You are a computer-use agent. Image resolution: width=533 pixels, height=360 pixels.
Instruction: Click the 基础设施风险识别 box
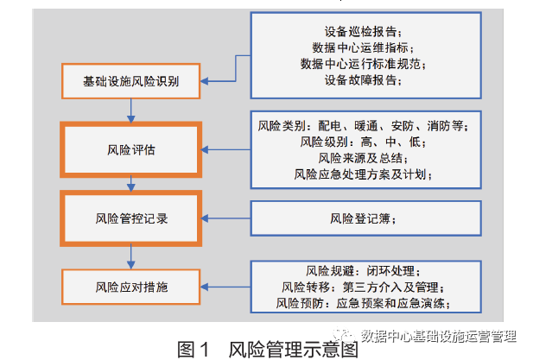(130, 82)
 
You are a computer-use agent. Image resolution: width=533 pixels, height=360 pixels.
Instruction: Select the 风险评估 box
(131, 149)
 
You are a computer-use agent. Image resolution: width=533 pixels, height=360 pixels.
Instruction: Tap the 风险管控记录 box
(131, 218)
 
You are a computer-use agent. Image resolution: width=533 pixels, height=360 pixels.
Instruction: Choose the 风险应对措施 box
(131, 282)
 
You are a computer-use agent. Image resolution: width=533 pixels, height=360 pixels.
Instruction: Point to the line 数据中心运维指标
(363, 47)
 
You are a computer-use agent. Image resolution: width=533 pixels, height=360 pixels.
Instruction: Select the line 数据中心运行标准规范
(363, 63)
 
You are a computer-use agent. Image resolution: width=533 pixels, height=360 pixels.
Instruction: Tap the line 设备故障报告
(363, 80)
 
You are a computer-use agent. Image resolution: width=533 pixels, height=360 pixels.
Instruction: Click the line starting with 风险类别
(363, 125)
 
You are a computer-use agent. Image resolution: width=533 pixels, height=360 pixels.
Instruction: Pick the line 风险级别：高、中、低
(363, 142)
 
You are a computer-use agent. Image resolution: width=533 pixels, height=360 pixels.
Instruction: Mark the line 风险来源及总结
(363, 158)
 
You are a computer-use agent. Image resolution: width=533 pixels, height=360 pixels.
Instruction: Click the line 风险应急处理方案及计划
(363, 174)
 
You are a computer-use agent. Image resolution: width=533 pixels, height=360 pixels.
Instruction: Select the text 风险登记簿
(363, 219)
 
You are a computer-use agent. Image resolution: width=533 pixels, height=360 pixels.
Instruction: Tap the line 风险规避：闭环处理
(363, 269)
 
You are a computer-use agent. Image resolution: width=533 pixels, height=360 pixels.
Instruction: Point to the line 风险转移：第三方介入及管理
(363, 286)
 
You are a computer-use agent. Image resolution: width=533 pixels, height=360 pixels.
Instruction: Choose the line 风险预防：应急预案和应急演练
(363, 302)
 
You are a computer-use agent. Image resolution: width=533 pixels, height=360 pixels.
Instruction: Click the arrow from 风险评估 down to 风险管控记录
(131, 183)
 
